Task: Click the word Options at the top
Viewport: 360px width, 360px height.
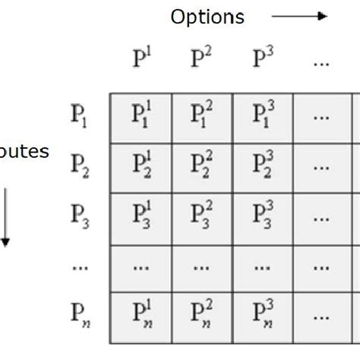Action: [207, 17]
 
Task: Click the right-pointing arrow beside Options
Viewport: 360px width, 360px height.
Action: [299, 15]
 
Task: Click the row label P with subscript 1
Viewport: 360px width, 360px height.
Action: [81, 118]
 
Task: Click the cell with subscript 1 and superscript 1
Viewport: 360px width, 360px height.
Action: [141, 118]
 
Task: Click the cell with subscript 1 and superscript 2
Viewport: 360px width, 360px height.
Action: [201, 118]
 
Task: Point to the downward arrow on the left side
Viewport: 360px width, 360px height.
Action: [5, 220]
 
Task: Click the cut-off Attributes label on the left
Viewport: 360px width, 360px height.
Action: [24, 152]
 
